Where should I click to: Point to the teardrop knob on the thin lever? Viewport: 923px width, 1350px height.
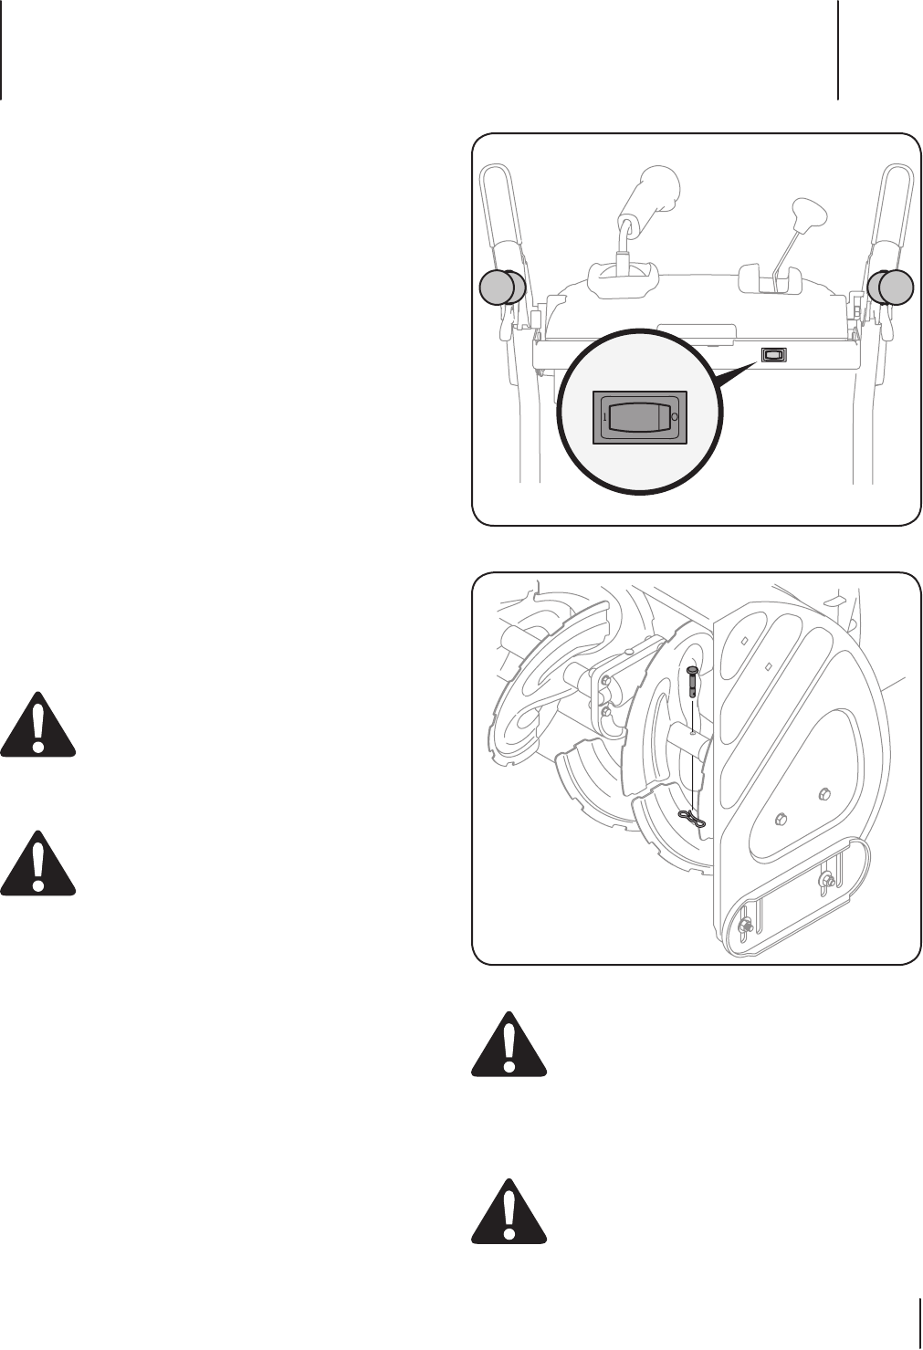807,215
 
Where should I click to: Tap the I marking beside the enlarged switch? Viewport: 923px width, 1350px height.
604,417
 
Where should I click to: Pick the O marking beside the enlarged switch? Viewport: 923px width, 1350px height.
675,417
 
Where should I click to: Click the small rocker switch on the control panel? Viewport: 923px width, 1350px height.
773,355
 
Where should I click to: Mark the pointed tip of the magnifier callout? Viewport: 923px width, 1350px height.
759,362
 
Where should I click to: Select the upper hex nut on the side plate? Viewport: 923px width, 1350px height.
824,792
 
